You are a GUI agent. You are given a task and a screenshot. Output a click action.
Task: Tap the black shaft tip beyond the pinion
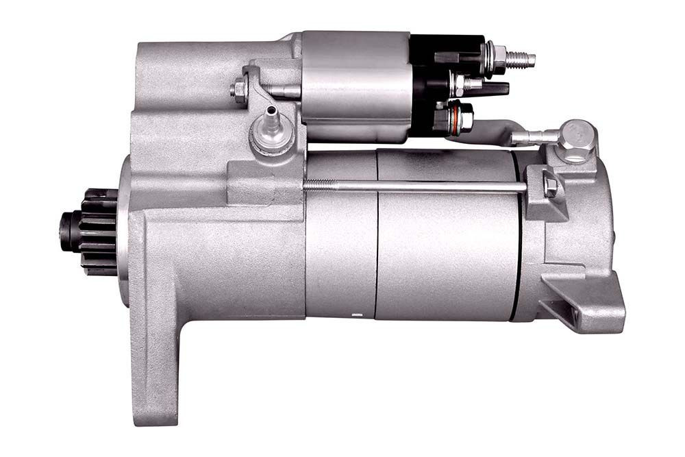coord(66,232)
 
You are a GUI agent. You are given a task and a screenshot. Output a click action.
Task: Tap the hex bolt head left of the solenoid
coord(240,90)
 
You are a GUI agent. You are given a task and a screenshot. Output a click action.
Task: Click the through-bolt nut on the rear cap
coord(550,185)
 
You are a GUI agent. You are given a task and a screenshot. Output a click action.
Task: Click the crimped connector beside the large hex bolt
coord(531,137)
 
